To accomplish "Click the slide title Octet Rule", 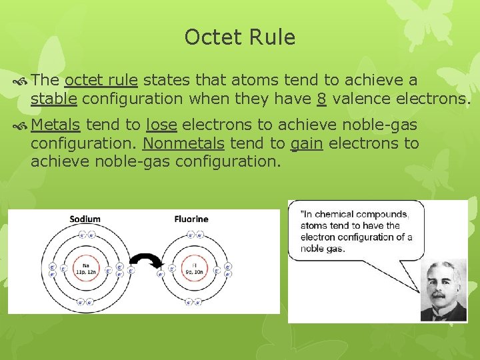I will pos(239,37).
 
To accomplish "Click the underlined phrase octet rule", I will pos(101,81).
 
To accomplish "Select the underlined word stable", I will pos(54,99).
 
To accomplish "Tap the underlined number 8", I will pos(321,99).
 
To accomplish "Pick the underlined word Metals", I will pos(56,125).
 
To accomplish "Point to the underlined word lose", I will pos(161,125).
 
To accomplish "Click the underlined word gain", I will pos(307,143).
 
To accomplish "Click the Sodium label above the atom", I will pos(85,219).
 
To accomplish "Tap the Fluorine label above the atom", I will pos(191,219).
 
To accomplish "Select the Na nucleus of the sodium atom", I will pos(85,269).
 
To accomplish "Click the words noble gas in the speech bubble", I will pos(323,249).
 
